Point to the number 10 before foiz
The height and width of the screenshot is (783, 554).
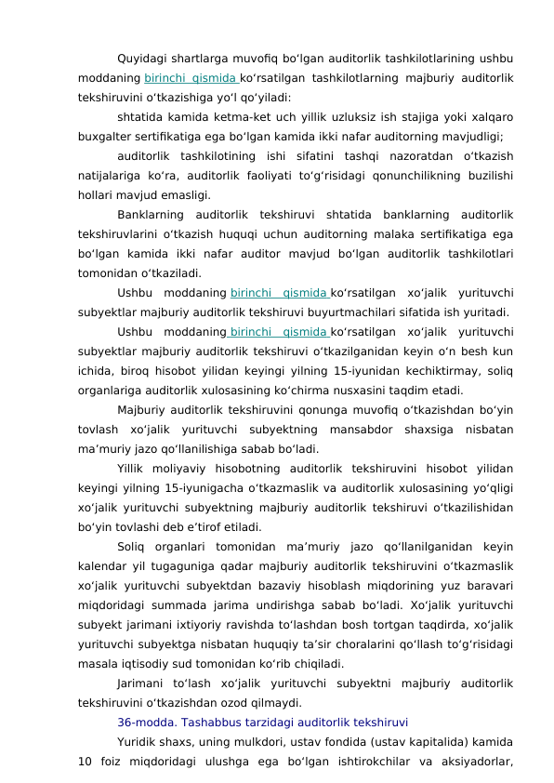pos(86,755)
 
